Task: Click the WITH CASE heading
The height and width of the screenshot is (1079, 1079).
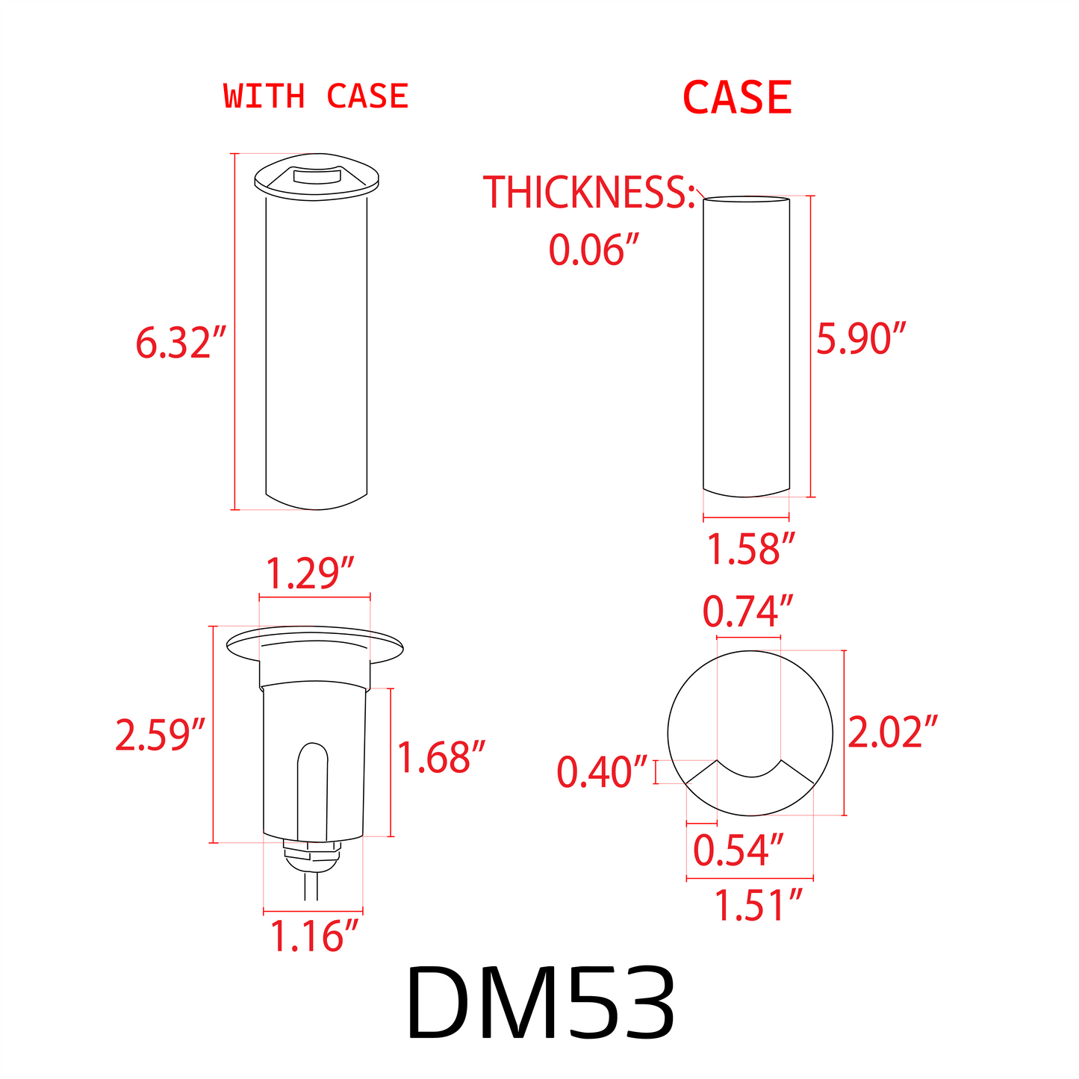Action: point(316,97)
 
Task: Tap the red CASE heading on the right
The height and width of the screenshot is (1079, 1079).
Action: point(737,99)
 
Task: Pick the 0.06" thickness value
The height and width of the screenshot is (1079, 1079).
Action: point(595,249)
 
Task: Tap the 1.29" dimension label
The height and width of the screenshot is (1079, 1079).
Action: point(309,574)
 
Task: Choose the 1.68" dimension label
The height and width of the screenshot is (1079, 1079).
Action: point(441,757)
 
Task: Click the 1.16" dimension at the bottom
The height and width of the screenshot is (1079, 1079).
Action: point(314,936)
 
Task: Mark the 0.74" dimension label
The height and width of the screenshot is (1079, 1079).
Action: point(747,612)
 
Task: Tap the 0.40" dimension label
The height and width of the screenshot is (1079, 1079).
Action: point(602,772)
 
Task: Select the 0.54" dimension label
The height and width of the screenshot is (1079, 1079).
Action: point(738,851)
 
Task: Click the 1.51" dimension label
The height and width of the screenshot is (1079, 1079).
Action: point(758,906)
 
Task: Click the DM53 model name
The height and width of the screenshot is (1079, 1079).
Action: point(541,1004)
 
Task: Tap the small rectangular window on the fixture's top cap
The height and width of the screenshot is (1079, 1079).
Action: point(316,177)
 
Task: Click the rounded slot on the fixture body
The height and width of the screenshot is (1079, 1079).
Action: point(312,792)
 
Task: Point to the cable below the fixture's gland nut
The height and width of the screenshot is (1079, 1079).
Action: point(311,889)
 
